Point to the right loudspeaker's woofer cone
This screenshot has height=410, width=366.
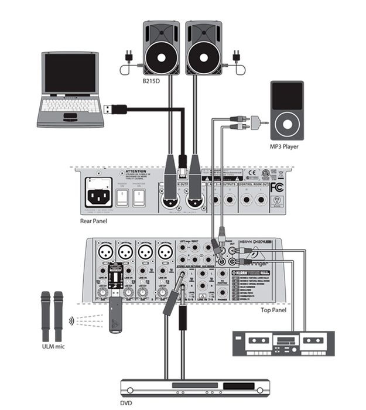203,57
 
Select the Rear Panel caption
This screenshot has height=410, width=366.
96,221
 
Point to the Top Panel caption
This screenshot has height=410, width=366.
273,309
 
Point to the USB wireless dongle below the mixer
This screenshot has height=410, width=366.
115,315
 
